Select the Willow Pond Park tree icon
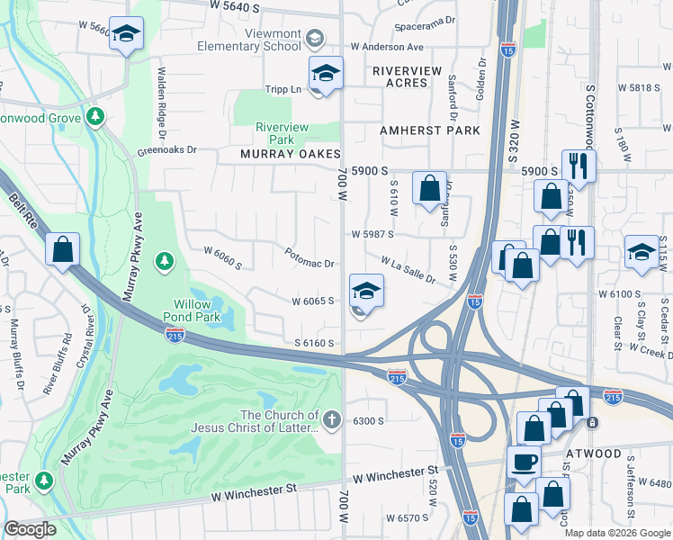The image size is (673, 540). pos(163,261)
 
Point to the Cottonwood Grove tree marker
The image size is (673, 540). pos(95,116)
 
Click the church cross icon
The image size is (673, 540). pos(332,419)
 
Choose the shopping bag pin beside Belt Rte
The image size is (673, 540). pos(63,250)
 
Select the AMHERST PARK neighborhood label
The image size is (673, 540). pos(429,130)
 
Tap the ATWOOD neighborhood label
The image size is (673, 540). pos(594,454)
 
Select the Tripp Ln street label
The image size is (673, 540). pos(283,89)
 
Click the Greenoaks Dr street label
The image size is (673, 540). pos(166,150)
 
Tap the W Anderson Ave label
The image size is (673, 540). pos(387,46)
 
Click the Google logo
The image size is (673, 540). pos(30,529)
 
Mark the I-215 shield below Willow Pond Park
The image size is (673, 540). pos(175,334)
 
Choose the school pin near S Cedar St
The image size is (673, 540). pos(642,252)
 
